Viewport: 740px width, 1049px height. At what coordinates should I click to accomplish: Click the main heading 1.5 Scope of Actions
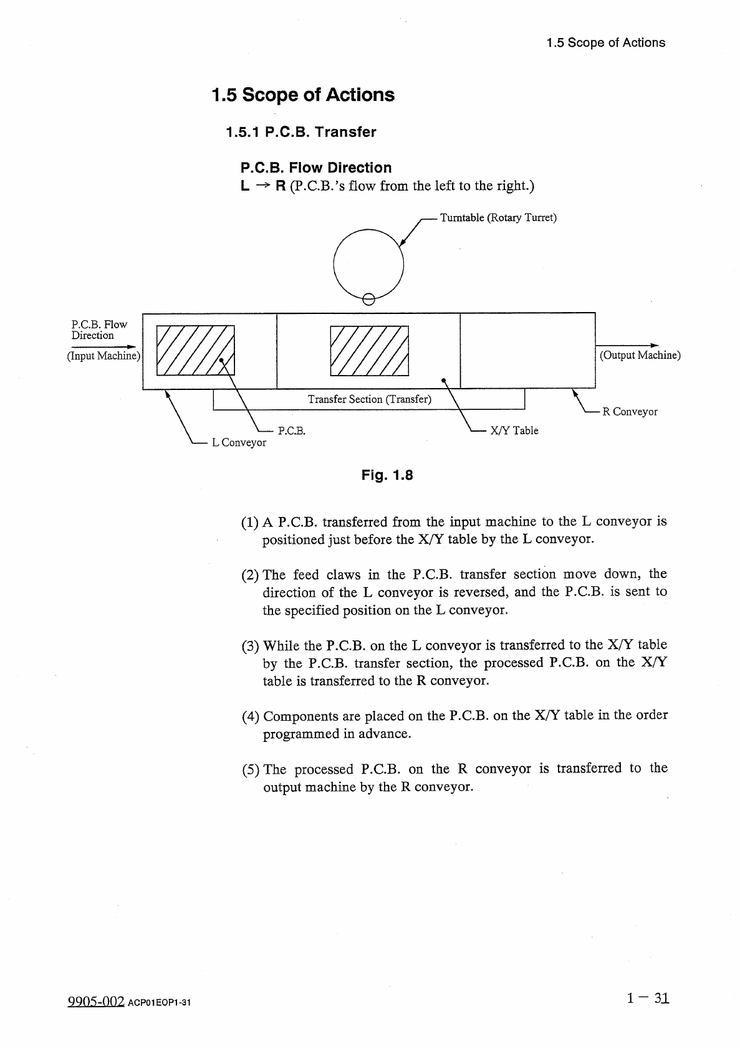(x=303, y=95)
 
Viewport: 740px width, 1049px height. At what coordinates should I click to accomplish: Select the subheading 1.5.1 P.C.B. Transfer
(x=301, y=132)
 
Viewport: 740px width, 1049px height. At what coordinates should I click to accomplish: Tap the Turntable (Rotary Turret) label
(x=498, y=217)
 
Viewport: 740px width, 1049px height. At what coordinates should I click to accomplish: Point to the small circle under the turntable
(x=368, y=299)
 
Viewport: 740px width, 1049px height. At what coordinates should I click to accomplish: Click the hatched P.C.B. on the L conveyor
(x=195, y=350)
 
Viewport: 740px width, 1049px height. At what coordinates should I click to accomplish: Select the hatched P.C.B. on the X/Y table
(x=368, y=351)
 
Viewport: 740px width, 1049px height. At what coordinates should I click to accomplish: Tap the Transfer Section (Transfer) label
(x=369, y=399)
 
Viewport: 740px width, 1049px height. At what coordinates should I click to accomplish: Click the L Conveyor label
(x=239, y=442)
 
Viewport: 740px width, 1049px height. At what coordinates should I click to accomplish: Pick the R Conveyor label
(x=630, y=412)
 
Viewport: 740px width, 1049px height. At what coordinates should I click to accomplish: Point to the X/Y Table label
(x=514, y=430)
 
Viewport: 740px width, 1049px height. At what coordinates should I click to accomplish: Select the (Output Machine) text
(x=640, y=355)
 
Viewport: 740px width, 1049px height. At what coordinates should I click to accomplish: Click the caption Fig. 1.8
(x=387, y=476)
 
